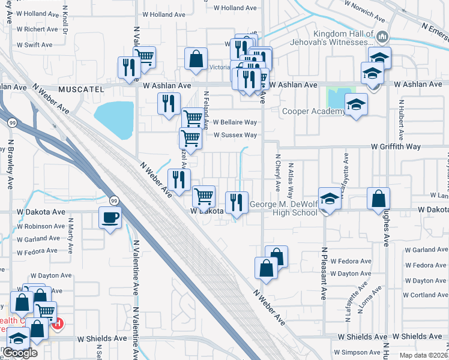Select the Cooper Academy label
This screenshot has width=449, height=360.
313,111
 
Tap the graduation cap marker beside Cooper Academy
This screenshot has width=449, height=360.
356,106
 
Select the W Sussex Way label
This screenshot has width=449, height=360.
235,135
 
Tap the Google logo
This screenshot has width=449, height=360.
20,352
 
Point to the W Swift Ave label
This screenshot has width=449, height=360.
34,45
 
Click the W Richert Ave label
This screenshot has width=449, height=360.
37,29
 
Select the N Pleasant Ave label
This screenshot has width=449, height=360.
323,274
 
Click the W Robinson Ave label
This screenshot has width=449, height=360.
41,227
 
